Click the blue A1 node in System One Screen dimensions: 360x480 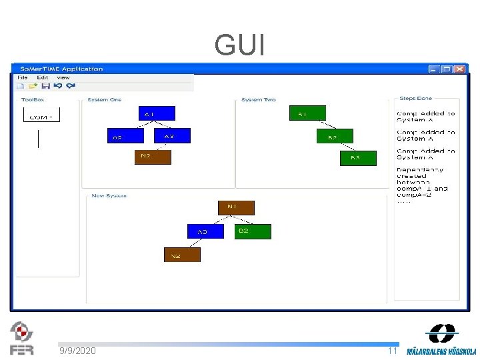point(157,114)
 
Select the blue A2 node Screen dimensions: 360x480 point(125,136)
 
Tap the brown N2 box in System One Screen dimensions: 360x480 point(153,157)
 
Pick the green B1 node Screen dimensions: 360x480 point(307,114)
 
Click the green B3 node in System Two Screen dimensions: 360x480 point(355,158)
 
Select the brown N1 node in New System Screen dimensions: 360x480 point(236,207)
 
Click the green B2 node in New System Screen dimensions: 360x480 point(254,231)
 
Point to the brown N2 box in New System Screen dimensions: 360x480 point(182,255)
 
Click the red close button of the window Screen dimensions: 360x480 point(460,69)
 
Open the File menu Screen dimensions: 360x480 point(22,77)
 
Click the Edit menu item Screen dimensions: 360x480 point(42,77)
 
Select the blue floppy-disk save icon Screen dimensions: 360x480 point(46,85)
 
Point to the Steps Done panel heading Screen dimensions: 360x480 point(415,99)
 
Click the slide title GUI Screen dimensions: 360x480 point(240,45)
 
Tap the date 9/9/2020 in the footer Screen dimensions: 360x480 point(77,351)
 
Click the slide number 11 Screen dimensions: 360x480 point(392,351)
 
